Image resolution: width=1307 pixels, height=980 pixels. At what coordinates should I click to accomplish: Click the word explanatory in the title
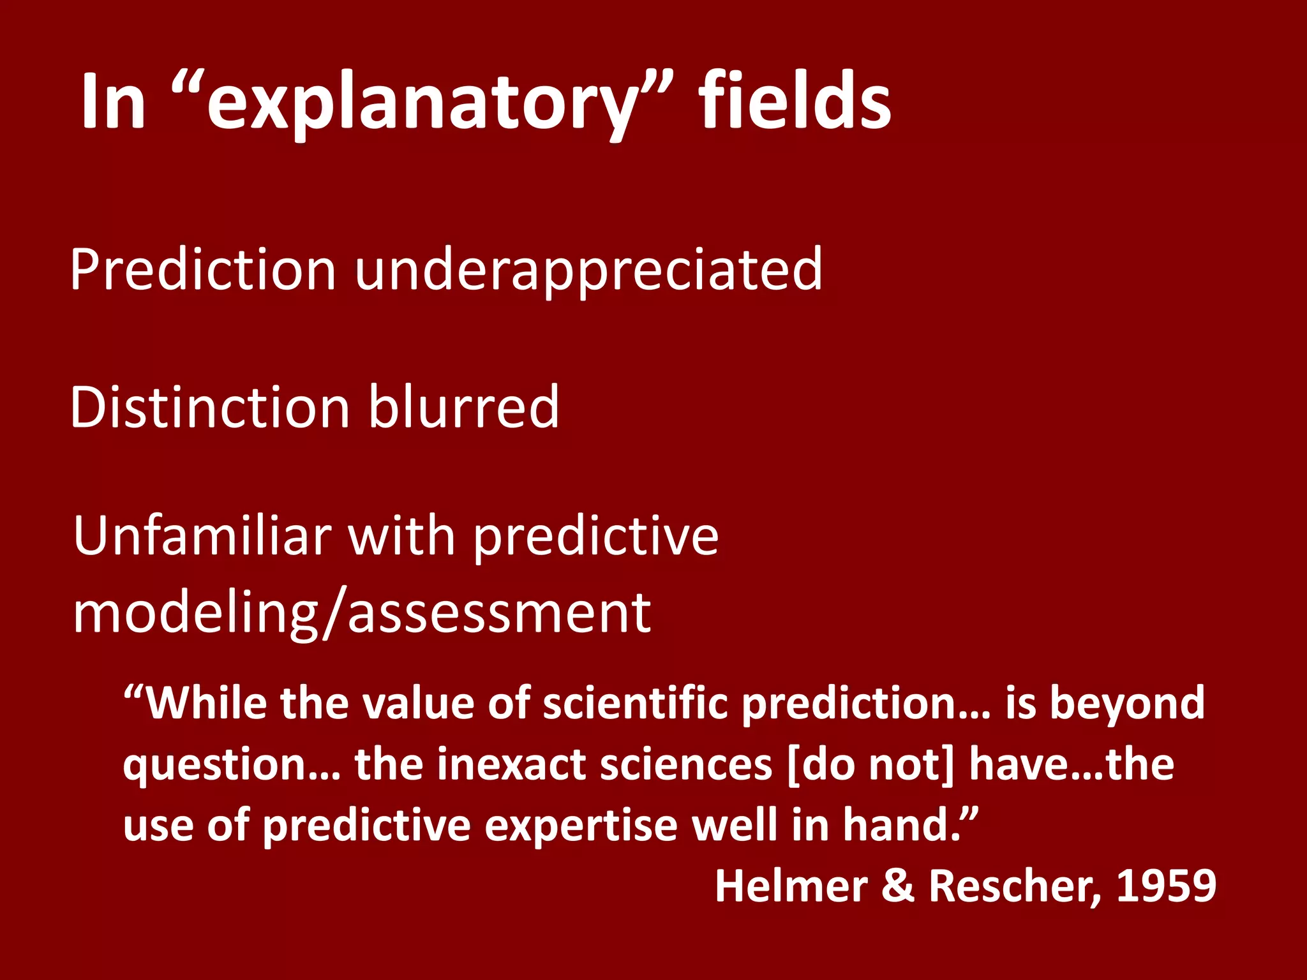point(421,105)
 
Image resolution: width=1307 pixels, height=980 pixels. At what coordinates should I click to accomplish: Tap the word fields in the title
point(795,102)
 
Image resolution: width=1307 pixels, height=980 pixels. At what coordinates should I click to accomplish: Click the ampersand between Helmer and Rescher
point(898,887)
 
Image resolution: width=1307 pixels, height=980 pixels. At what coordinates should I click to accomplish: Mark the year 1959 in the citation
point(1166,887)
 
